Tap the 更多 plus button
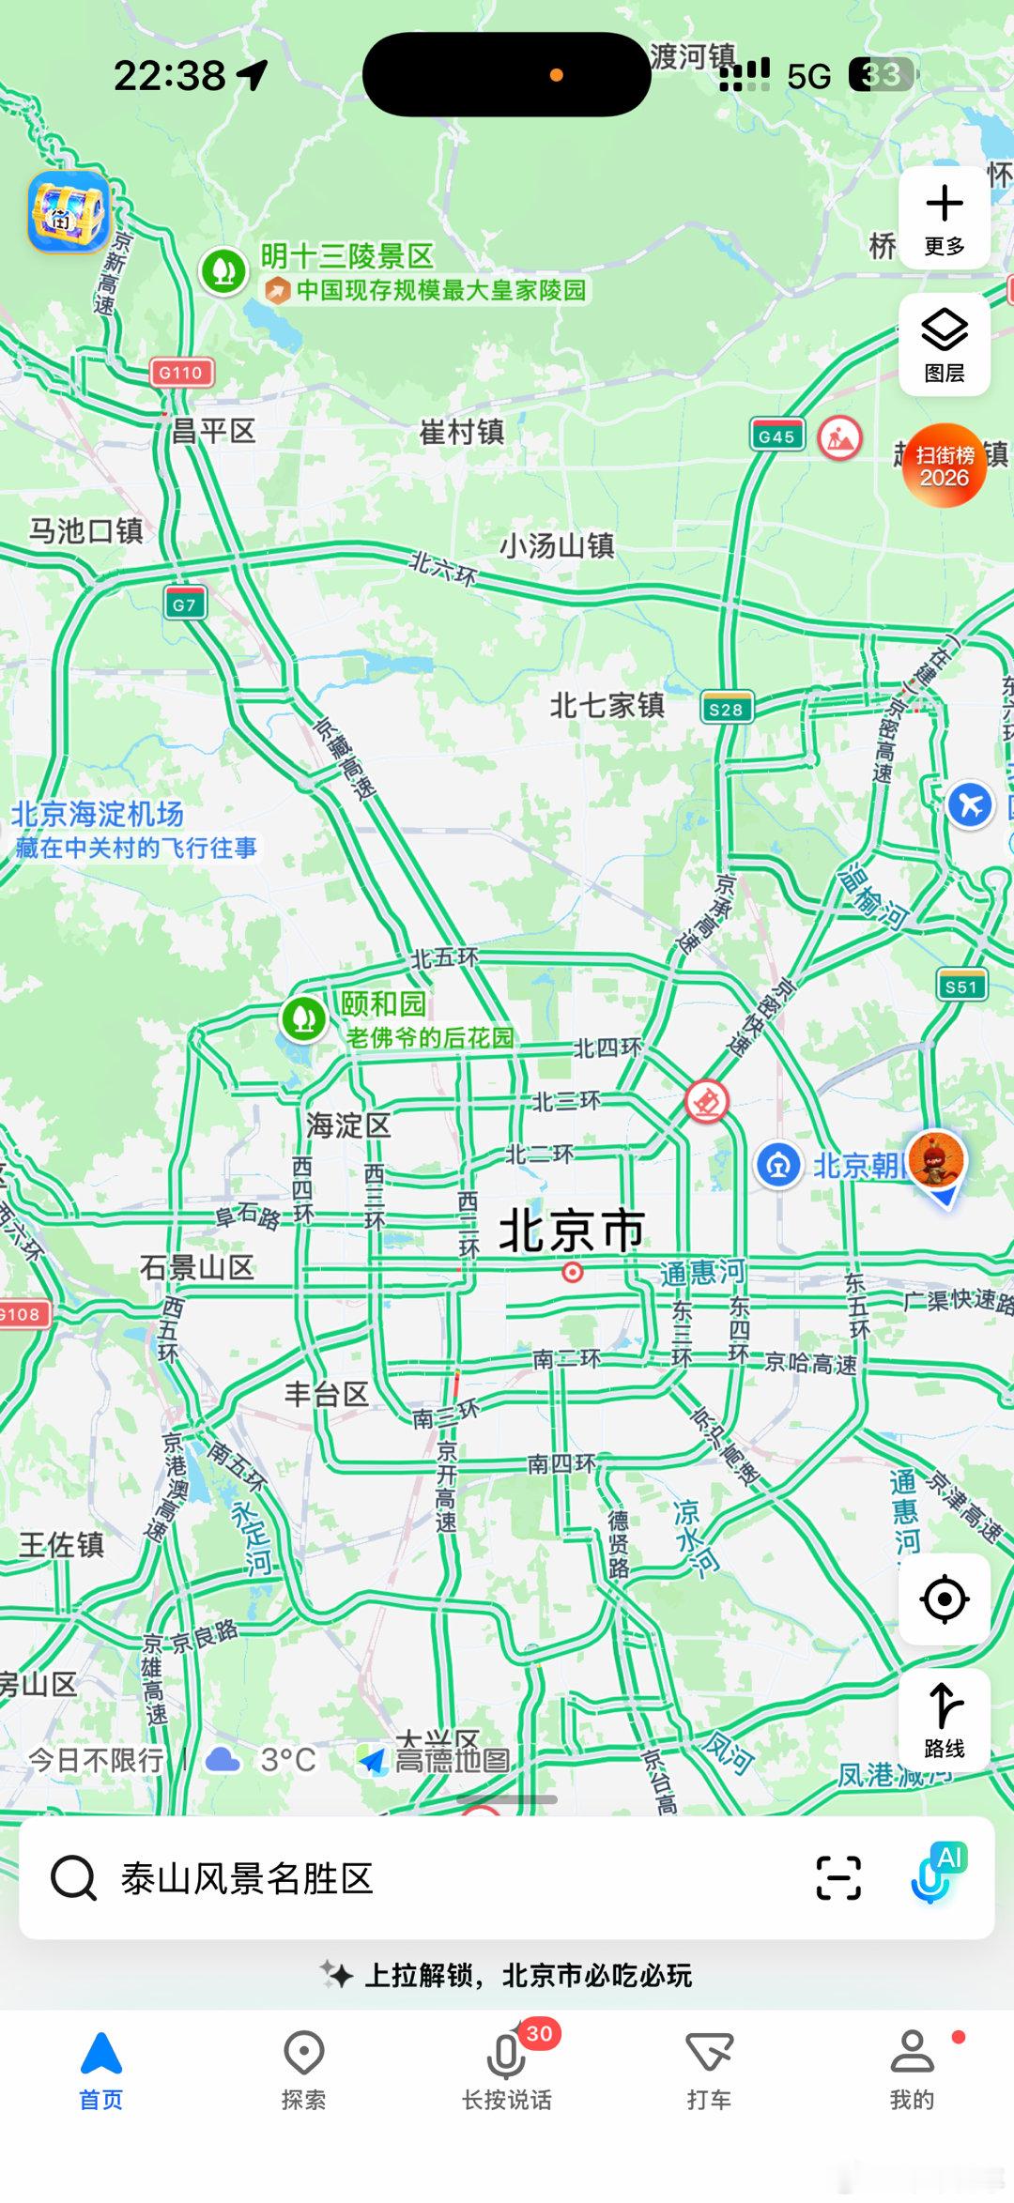click(944, 218)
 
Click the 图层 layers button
click(944, 344)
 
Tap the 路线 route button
click(944, 1720)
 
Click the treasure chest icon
click(68, 212)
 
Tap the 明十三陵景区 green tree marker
click(223, 271)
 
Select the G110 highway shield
click(181, 373)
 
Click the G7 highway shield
click(184, 604)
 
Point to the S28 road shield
click(727, 710)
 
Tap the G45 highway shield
click(776, 436)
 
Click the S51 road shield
click(961, 987)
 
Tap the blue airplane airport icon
click(970, 804)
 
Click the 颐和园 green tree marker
click(303, 1018)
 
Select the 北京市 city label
click(572, 1230)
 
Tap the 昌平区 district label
click(213, 432)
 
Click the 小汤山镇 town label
click(557, 545)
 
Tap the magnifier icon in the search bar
click(73, 1878)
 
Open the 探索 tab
click(304, 2069)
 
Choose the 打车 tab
click(709, 2069)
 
